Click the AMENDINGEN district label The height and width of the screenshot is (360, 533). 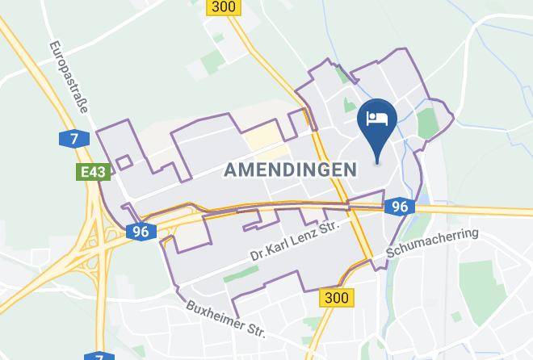290,170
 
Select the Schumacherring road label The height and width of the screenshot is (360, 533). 433,244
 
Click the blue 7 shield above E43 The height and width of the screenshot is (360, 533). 73,139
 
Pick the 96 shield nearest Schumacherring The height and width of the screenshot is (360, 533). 399,207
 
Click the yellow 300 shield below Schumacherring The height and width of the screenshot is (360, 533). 335,297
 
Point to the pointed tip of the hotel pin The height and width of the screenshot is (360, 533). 378,161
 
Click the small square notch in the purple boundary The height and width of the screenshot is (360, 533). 124,162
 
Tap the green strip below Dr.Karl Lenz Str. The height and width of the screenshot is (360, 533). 241,274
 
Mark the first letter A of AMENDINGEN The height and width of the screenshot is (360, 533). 230,170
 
